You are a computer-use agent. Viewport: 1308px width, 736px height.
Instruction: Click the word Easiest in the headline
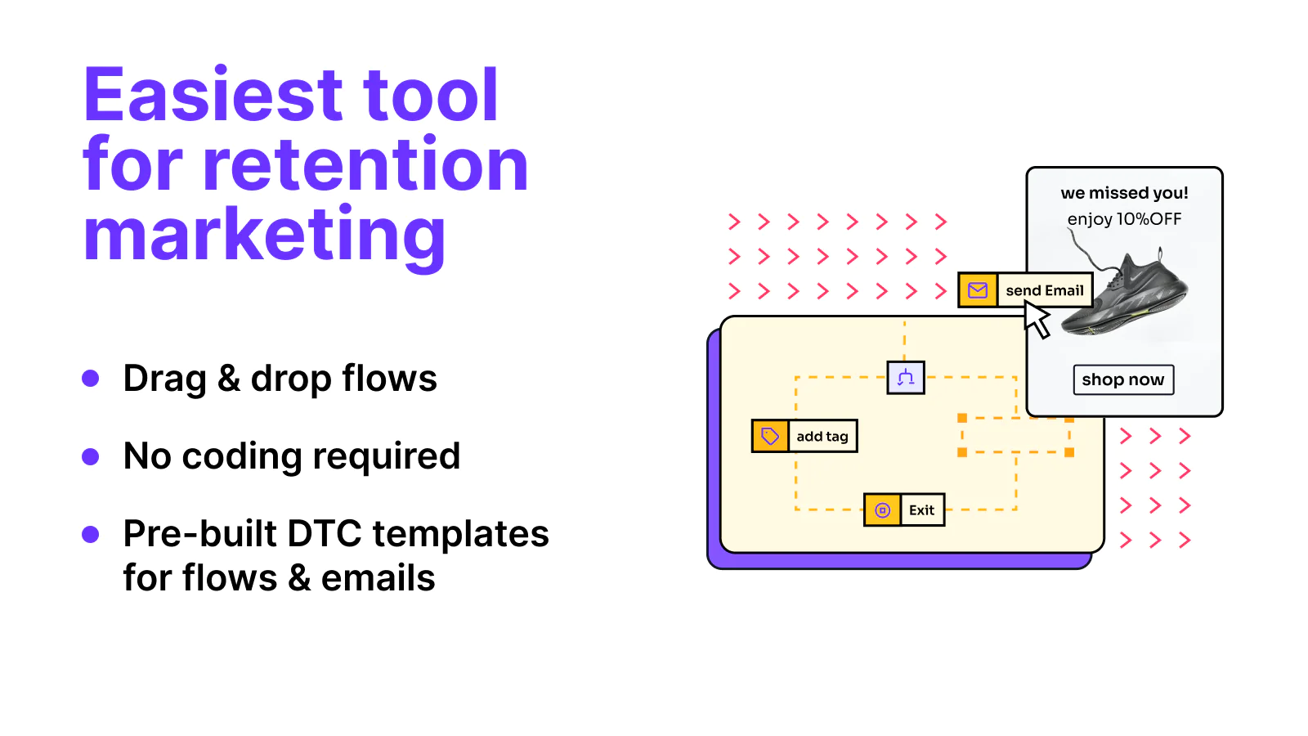(x=213, y=94)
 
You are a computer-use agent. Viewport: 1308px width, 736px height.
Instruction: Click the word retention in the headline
(x=365, y=164)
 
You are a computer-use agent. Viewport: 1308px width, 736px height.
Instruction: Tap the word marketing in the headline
(x=265, y=236)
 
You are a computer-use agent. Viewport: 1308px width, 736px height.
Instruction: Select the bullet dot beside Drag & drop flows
(x=91, y=378)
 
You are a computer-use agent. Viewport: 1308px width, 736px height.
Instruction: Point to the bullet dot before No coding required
(x=91, y=456)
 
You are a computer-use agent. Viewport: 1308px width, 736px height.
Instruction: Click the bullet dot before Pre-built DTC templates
(x=91, y=534)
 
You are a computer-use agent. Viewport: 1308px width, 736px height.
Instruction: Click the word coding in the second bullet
(x=242, y=457)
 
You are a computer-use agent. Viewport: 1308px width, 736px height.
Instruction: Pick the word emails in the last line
(x=378, y=577)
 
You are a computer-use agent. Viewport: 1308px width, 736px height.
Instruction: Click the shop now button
(x=1123, y=379)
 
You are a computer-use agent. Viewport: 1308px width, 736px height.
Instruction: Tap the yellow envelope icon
(x=978, y=289)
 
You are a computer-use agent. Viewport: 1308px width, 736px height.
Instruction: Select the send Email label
(x=1045, y=290)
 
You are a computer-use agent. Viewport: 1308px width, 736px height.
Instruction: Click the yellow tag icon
(x=769, y=436)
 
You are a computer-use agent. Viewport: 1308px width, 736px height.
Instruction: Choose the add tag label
(x=822, y=437)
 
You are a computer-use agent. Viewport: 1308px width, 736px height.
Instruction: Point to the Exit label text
(x=921, y=510)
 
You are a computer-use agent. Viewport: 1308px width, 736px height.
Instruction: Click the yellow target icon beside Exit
(x=882, y=510)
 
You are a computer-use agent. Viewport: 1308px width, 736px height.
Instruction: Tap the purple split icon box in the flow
(x=906, y=377)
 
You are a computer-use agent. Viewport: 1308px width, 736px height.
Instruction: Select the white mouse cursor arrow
(x=1037, y=320)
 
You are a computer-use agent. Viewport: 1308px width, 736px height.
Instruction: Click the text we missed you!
(x=1124, y=193)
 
